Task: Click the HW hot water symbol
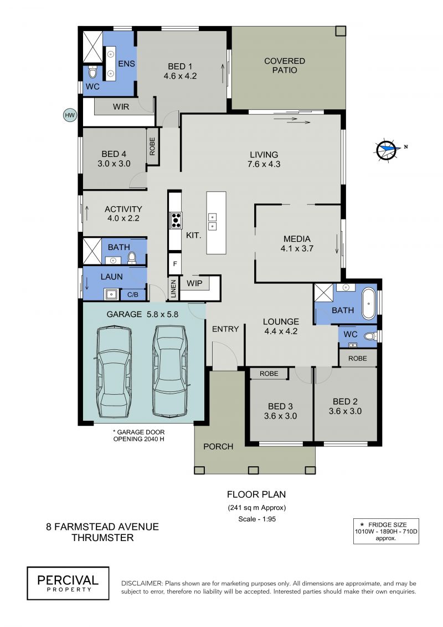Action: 70,115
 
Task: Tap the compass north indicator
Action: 387,150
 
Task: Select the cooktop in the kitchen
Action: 176,220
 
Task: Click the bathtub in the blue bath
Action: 368,303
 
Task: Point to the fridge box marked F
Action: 174,264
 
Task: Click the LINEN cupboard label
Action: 173,289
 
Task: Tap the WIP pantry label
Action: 194,283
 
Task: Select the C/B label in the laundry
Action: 132,295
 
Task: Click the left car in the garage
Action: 114,372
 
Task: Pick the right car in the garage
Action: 170,371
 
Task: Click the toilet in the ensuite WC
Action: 92,72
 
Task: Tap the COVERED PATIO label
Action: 285,65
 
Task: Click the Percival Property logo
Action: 68,583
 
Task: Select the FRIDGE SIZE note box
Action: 386,531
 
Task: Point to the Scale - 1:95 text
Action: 257,519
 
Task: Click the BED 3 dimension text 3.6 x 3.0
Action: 280,416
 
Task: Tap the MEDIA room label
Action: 297,239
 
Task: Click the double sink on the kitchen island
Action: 213,222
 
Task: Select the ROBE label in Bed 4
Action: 152,146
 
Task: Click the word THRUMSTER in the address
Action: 102,537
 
